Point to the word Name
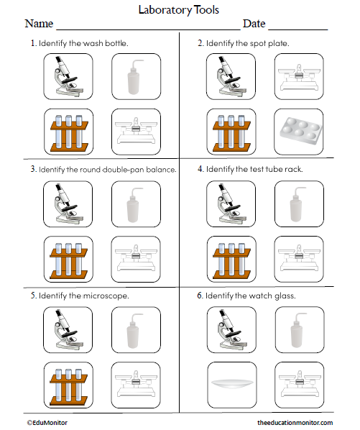pyautogui.click(x=40, y=24)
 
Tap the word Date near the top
pyautogui.click(x=254, y=24)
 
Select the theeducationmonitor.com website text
pyautogui.click(x=295, y=423)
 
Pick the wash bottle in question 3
pyautogui.click(x=134, y=203)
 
